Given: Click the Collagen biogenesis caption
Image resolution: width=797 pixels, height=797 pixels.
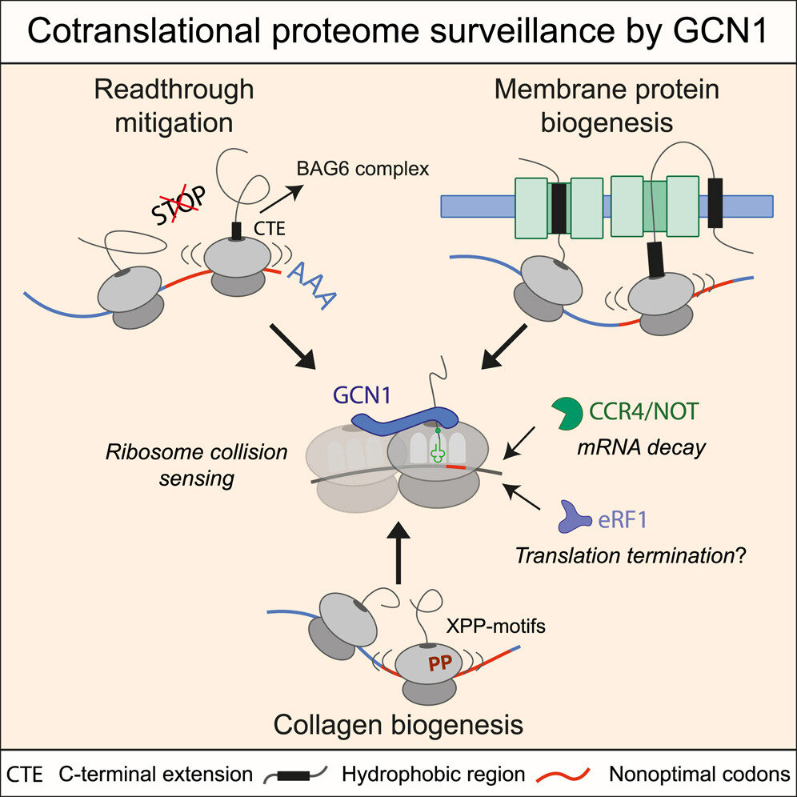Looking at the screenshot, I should point(398,725).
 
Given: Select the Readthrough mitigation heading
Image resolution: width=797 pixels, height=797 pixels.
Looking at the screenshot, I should point(174,106).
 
